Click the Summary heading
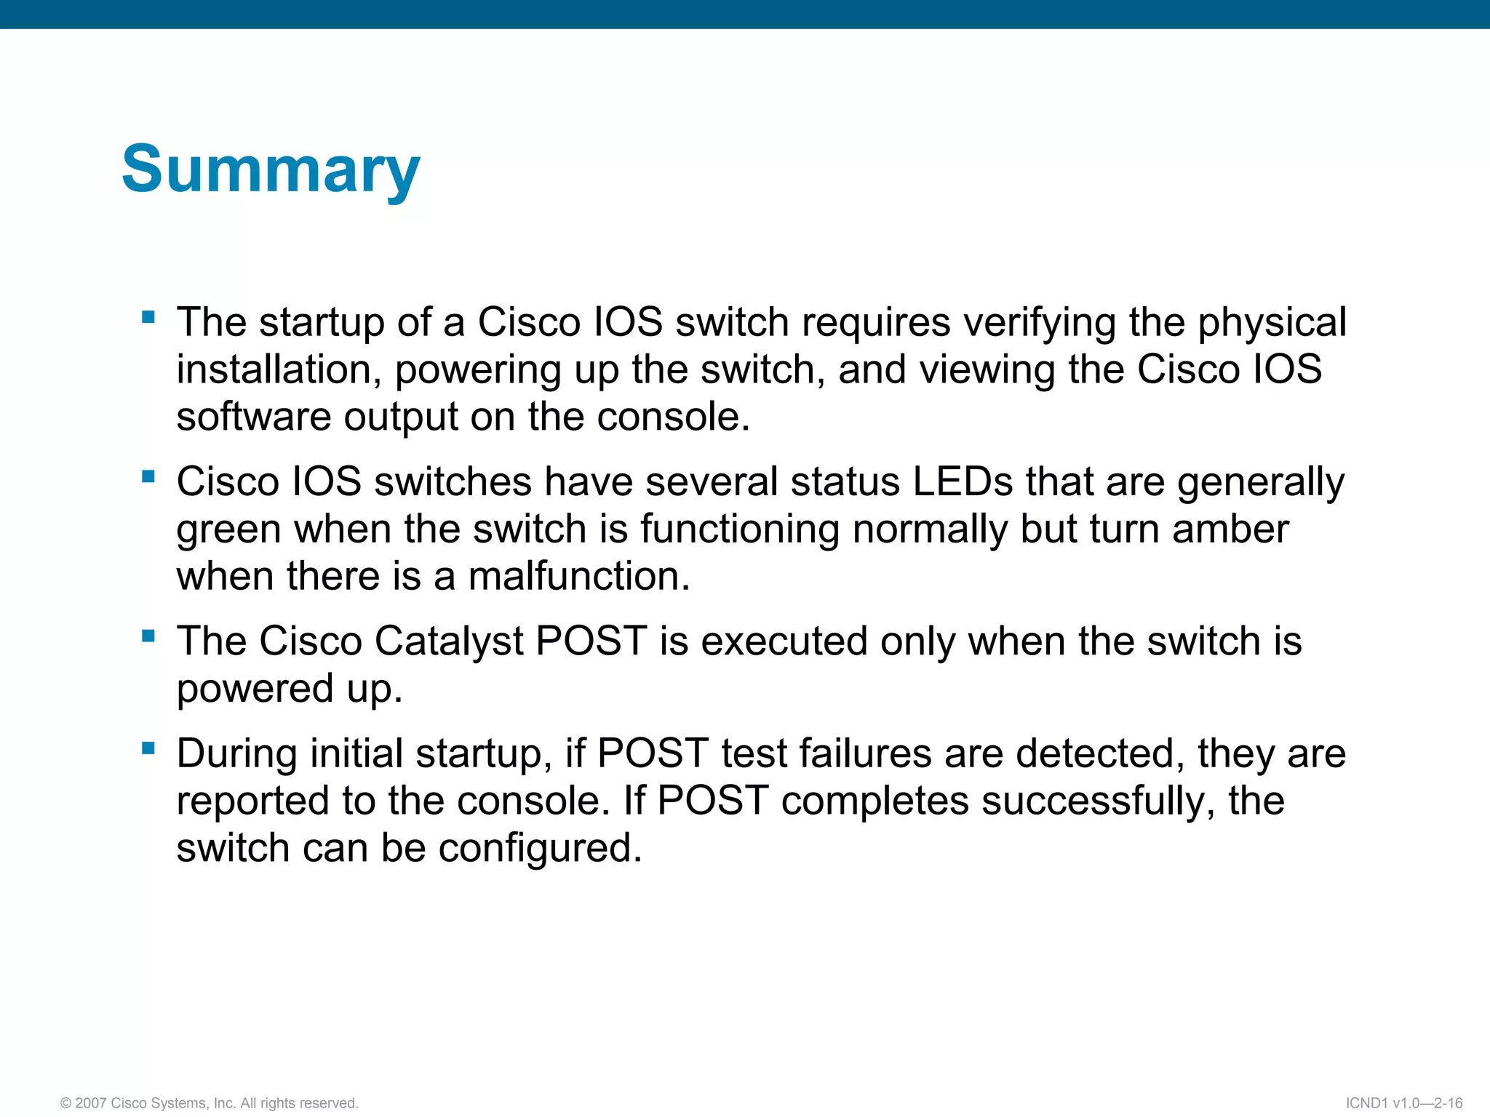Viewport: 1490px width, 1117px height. [x=271, y=169]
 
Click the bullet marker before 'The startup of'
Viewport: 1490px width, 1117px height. [x=148, y=317]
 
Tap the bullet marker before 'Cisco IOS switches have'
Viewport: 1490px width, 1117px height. [x=148, y=476]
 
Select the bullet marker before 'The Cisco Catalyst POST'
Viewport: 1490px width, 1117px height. [x=148, y=636]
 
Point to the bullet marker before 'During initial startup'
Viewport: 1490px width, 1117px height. [x=148, y=748]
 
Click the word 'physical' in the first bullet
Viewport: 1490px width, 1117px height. [x=1272, y=323]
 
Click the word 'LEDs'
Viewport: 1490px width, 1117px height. [x=963, y=481]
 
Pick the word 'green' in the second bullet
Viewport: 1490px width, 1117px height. [x=228, y=530]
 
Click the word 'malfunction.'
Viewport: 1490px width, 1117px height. [x=578, y=576]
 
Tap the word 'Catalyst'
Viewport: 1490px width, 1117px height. [x=449, y=641]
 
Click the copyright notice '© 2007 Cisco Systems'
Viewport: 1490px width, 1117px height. [x=210, y=1103]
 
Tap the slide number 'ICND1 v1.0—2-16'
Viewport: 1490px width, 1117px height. [x=1403, y=1103]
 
